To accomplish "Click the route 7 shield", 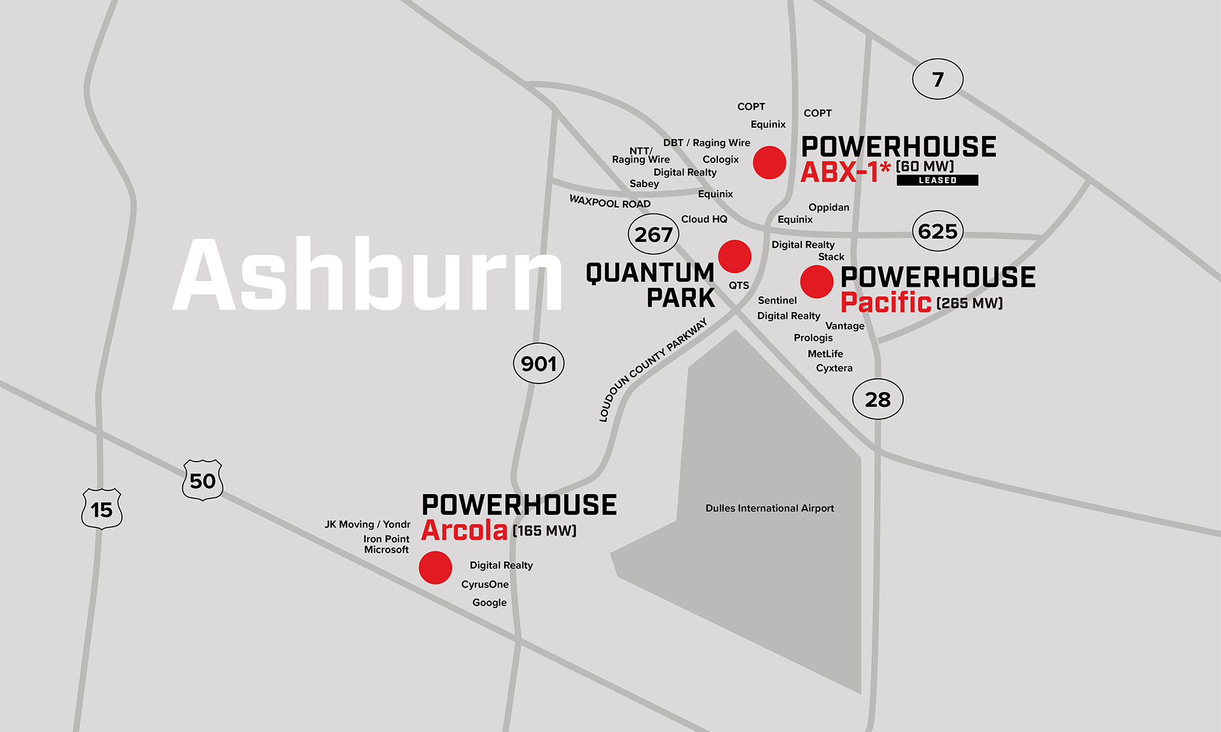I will pos(937,79).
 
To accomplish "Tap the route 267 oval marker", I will pos(653,234).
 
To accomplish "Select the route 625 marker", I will pos(937,231).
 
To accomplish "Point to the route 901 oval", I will pos(539,363).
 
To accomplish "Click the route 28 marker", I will pos(878,399).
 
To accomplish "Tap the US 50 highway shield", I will pos(203,480).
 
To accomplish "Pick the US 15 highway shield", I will pos(102,509).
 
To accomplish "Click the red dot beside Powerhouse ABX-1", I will pos(769,162).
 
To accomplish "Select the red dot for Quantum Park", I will pos(735,256).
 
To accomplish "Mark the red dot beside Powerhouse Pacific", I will pos(817,282).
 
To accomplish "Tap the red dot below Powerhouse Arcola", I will pos(436,567).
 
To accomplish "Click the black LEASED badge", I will pos(937,181).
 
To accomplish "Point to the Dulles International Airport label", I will pos(769,508).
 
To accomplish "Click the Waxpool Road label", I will pos(610,202).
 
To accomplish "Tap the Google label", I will pos(490,602).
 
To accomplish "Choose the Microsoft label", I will pos(386,549).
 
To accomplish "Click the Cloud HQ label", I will pos(704,219).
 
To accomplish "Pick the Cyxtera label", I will pos(834,368).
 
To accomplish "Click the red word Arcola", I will pos(464,530).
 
